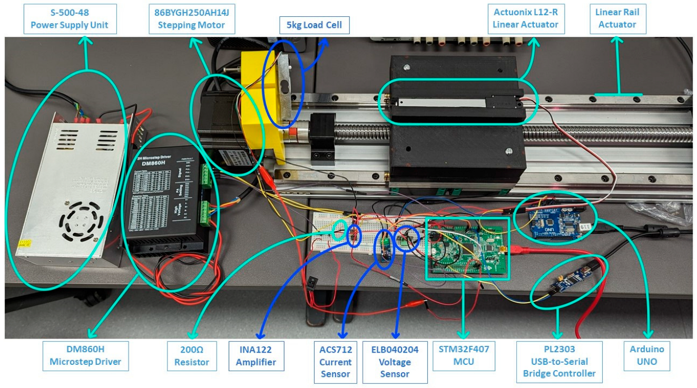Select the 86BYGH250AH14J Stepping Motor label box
[192, 18]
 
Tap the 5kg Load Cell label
[314, 25]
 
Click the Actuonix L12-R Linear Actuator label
[526, 18]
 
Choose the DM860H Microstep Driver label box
[85, 356]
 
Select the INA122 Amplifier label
[256, 356]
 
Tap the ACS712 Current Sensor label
[335, 362]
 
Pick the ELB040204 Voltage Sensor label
[395, 362]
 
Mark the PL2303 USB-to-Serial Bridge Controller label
[559, 362]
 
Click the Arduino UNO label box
[647, 356]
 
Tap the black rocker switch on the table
[315, 282]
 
